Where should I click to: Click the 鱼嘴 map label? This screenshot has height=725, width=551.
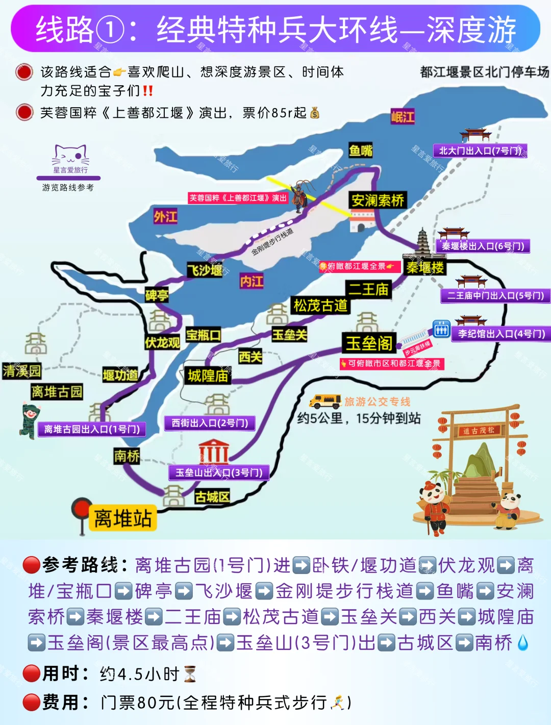tap(361, 151)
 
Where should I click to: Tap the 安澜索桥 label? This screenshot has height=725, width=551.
tap(378, 200)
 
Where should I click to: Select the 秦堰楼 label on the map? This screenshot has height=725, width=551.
tap(425, 267)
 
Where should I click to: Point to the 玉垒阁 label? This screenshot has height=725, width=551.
tap(369, 343)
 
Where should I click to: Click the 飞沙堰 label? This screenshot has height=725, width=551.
tap(205, 270)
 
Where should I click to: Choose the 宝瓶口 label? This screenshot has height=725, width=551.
tap(203, 335)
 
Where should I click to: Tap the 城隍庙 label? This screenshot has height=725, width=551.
tap(208, 376)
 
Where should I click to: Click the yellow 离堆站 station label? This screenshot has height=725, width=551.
tap(122, 518)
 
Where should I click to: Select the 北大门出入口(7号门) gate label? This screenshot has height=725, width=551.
tap(480, 151)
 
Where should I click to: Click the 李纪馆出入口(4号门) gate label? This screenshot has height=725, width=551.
tap(501, 334)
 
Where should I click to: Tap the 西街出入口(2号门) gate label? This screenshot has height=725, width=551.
tap(210, 423)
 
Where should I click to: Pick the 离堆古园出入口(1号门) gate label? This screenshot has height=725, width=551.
tap(92, 429)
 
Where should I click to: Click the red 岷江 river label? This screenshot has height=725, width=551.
tap(403, 117)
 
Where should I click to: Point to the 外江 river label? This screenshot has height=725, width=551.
tap(166, 217)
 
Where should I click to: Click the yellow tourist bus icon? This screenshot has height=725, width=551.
tap(325, 401)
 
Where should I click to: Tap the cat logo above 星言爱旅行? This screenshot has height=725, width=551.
tap(70, 155)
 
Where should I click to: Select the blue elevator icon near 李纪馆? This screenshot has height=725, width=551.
tap(441, 329)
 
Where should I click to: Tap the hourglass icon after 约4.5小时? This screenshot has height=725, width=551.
tap(190, 674)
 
